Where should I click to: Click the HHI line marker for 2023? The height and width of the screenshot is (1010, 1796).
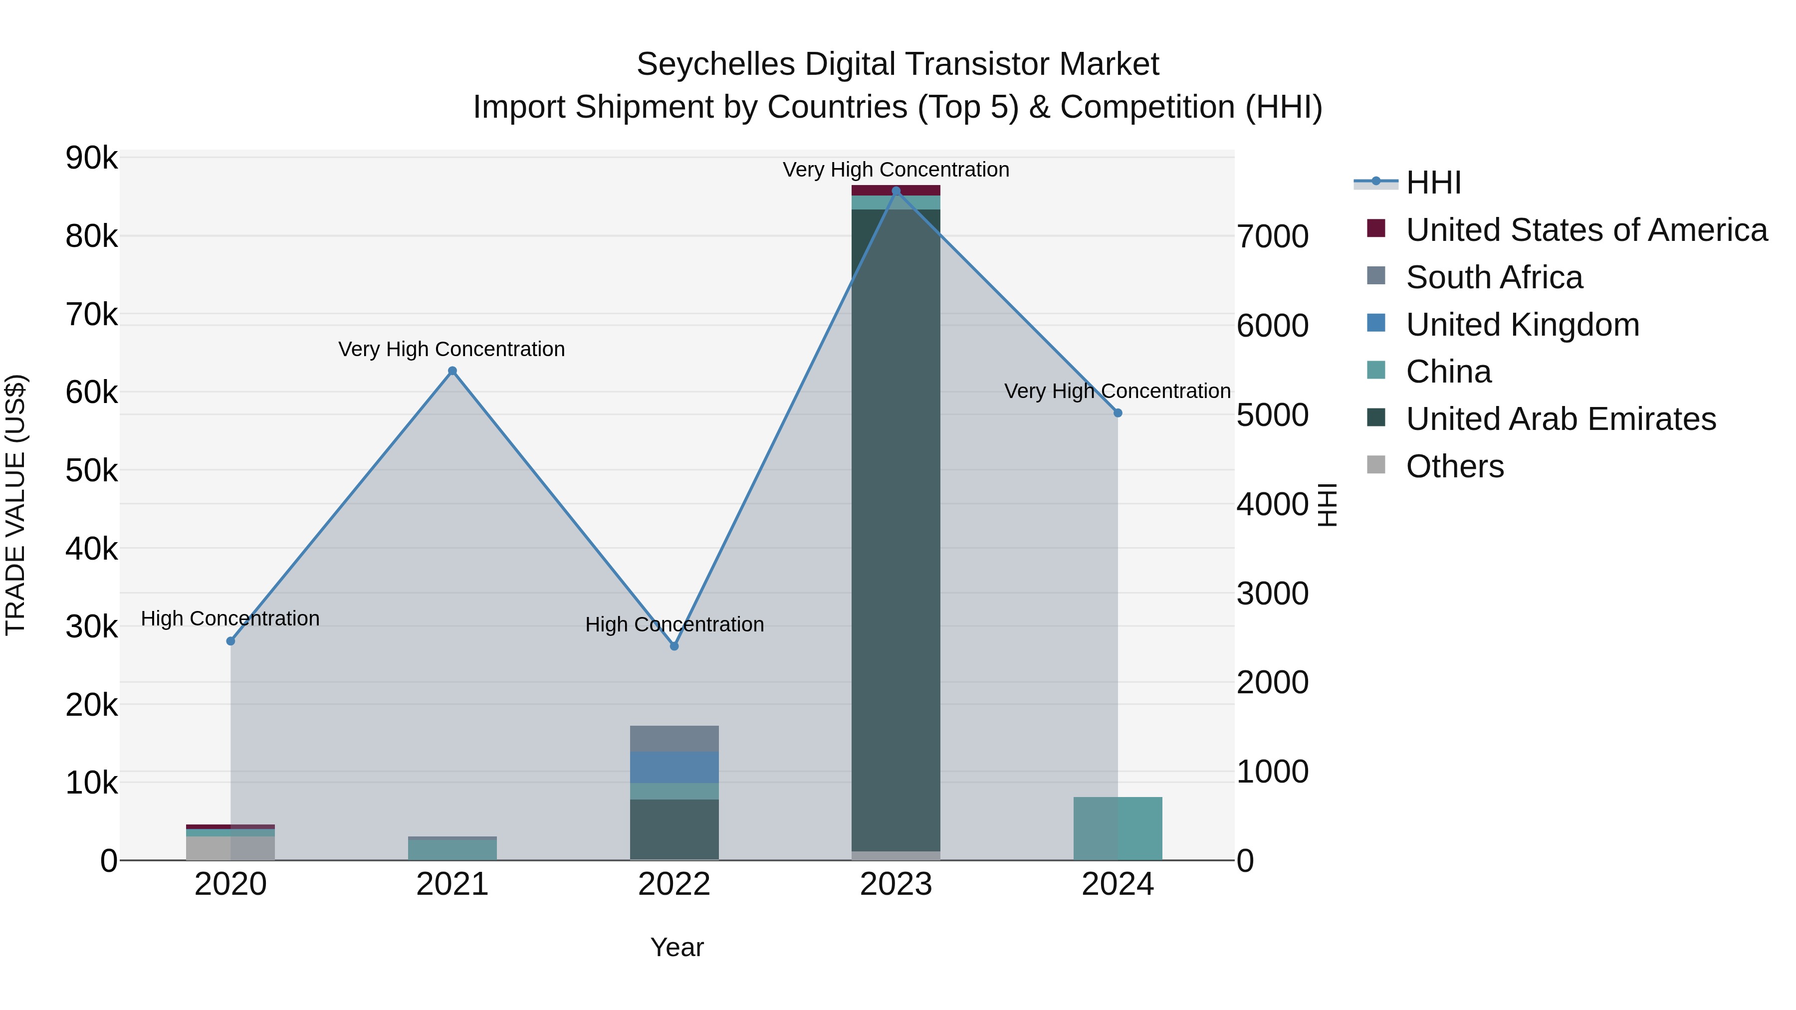tap(896, 191)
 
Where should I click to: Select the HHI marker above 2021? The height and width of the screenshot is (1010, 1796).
tap(452, 371)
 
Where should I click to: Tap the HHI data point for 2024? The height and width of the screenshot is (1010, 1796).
tap(1118, 412)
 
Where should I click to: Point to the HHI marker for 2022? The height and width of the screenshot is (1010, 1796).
tap(674, 646)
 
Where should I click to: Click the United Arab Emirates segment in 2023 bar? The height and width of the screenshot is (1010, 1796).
tap(896, 530)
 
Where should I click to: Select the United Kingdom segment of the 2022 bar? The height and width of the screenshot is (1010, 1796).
tap(674, 768)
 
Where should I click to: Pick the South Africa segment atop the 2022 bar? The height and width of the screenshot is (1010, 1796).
tap(674, 739)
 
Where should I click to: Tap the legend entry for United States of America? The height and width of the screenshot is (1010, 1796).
tap(1586, 230)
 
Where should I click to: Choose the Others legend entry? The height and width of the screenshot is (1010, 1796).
tap(1455, 466)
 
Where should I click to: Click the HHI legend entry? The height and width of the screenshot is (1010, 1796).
tap(1433, 183)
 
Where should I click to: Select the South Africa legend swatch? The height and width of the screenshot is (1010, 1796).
tap(1375, 276)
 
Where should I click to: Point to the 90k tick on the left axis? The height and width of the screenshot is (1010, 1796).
tap(91, 158)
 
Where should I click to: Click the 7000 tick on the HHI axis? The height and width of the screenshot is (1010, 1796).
tap(1272, 236)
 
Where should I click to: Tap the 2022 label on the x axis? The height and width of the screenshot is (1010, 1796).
tap(674, 884)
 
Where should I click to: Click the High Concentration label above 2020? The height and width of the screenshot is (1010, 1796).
tap(230, 618)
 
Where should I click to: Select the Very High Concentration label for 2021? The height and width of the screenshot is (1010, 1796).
tap(452, 349)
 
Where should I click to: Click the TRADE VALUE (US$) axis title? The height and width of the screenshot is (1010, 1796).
tap(15, 505)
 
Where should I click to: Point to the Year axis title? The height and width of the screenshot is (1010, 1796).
tap(677, 947)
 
